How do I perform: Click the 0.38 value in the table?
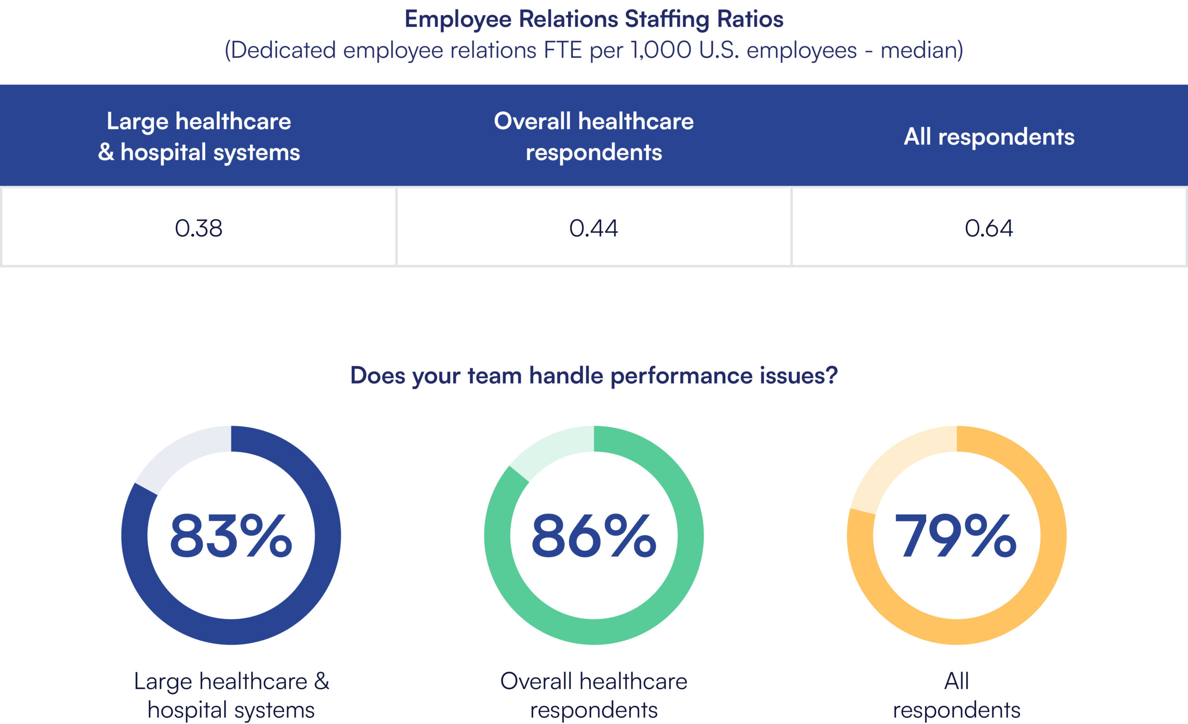198,228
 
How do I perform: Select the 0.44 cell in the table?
593,228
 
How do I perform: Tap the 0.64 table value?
988,228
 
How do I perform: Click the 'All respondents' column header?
989,137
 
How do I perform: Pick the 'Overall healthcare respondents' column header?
594,136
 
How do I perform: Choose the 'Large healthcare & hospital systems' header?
199,136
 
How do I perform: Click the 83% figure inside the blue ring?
231,535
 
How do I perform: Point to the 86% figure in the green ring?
594,535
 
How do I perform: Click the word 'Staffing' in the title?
667,20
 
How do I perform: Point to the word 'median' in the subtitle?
918,50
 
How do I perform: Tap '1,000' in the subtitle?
661,50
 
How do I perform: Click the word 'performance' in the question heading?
681,375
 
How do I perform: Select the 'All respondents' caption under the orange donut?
956,695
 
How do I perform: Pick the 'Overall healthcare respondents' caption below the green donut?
594,695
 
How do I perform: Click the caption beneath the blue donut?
231,695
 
